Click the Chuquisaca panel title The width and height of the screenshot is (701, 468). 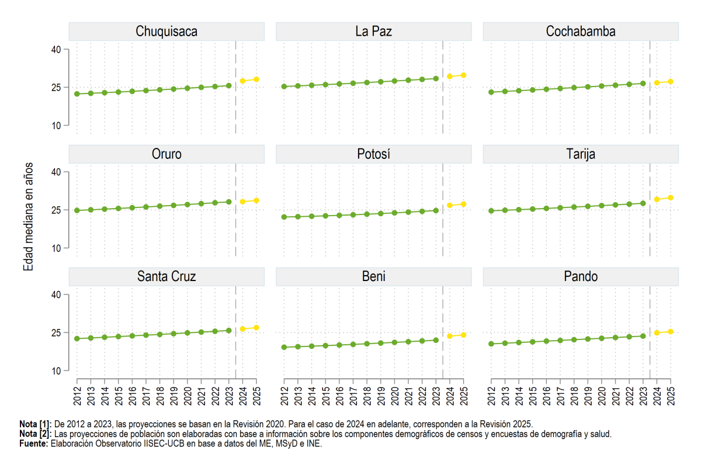pyautogui.click(x=166, y=32)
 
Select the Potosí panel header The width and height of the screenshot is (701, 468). pyautogui.click(x=374, y=154)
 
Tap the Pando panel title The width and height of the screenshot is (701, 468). pyautogui.click(x=581, y=276)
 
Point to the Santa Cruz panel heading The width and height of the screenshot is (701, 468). pyautogui.click(x=166, y=276)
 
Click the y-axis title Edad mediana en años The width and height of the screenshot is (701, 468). pyautogui.click(x=28, y=217)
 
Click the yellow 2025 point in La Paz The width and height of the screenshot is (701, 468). pyautogui.click(x=463, y=75)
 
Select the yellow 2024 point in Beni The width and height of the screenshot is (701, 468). pyautogui.click(x=450, y=336)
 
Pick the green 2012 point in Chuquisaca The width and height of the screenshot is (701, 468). pyautogui.click(x=77, y=94)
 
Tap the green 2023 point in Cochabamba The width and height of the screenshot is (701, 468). pyautogui.click(x=643, y=84)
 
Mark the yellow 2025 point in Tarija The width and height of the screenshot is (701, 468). pyautogui.click(x=671, y=198)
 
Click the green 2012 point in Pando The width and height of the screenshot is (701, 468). pyautogui.click(x=491, y=344)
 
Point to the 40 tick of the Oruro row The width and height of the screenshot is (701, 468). pyautogui.click(x=56, y=172)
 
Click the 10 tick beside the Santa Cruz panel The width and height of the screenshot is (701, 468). pyautogui.click(x=56, y=371)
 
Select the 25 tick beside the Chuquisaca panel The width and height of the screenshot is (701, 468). pyautogui.click(x=56, y=88)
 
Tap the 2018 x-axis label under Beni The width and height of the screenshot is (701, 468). pyautogui.click(x=367, y=396)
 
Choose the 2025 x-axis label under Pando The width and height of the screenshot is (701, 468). pyautogui.click(x=671, y=396)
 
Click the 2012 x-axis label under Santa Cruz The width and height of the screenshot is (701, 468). pyautogui.click(x=77, y=396)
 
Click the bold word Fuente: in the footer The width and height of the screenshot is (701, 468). pyautogui.click(x=34, y=443)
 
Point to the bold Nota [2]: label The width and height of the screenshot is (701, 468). pyautogui.click(x=36, y=434)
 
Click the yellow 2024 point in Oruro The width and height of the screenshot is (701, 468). pyautogui.click(x=242, y=202)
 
